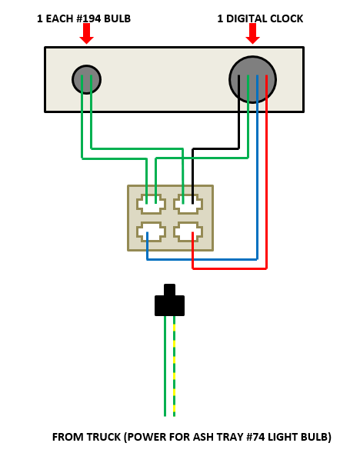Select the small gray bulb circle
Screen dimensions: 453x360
(86, 79)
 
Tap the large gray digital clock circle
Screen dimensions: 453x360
(252, 79)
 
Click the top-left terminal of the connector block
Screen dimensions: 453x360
(151, 205)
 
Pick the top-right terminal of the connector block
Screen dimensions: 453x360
(188, 205)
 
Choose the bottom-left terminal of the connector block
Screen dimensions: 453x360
(151, 231)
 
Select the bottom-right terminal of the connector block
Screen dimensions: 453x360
(188, 231)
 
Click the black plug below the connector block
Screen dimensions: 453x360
(169, 303)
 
